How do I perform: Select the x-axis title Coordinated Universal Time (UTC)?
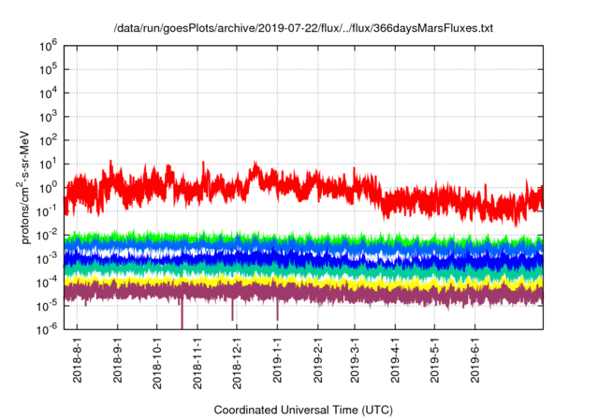302,410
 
